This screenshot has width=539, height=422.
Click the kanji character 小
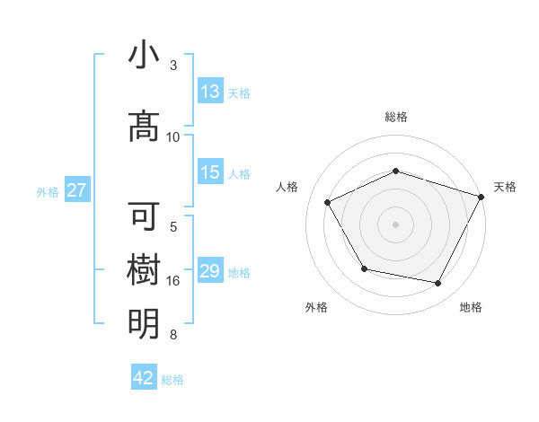click(144, 56)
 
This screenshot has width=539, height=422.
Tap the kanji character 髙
click(144, 127)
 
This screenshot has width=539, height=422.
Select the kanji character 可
click(144, 217)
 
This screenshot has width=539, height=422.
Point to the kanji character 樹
click(144, 270)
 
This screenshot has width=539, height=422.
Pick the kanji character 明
click(144, 323)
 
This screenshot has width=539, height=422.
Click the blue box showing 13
click(210, 92)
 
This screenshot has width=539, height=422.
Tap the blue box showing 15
click(210, 173)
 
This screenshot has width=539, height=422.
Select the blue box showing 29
click(210, 272)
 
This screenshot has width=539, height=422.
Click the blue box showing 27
click(76, 190)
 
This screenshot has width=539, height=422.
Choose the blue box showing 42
click(144, 378)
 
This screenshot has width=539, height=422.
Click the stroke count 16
click(173, 281)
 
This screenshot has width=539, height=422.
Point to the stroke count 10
click(173, 137)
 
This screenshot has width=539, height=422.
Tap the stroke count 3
click(173, 66)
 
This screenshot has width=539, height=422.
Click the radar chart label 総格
click(395, 117)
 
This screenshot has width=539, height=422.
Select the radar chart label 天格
click(505, 187)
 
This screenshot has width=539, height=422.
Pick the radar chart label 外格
click(316, 307)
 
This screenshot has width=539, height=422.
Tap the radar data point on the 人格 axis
click(328, 203)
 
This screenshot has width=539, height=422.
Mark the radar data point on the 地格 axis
click(438, 284)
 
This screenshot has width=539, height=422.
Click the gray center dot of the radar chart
click(395, 224)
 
